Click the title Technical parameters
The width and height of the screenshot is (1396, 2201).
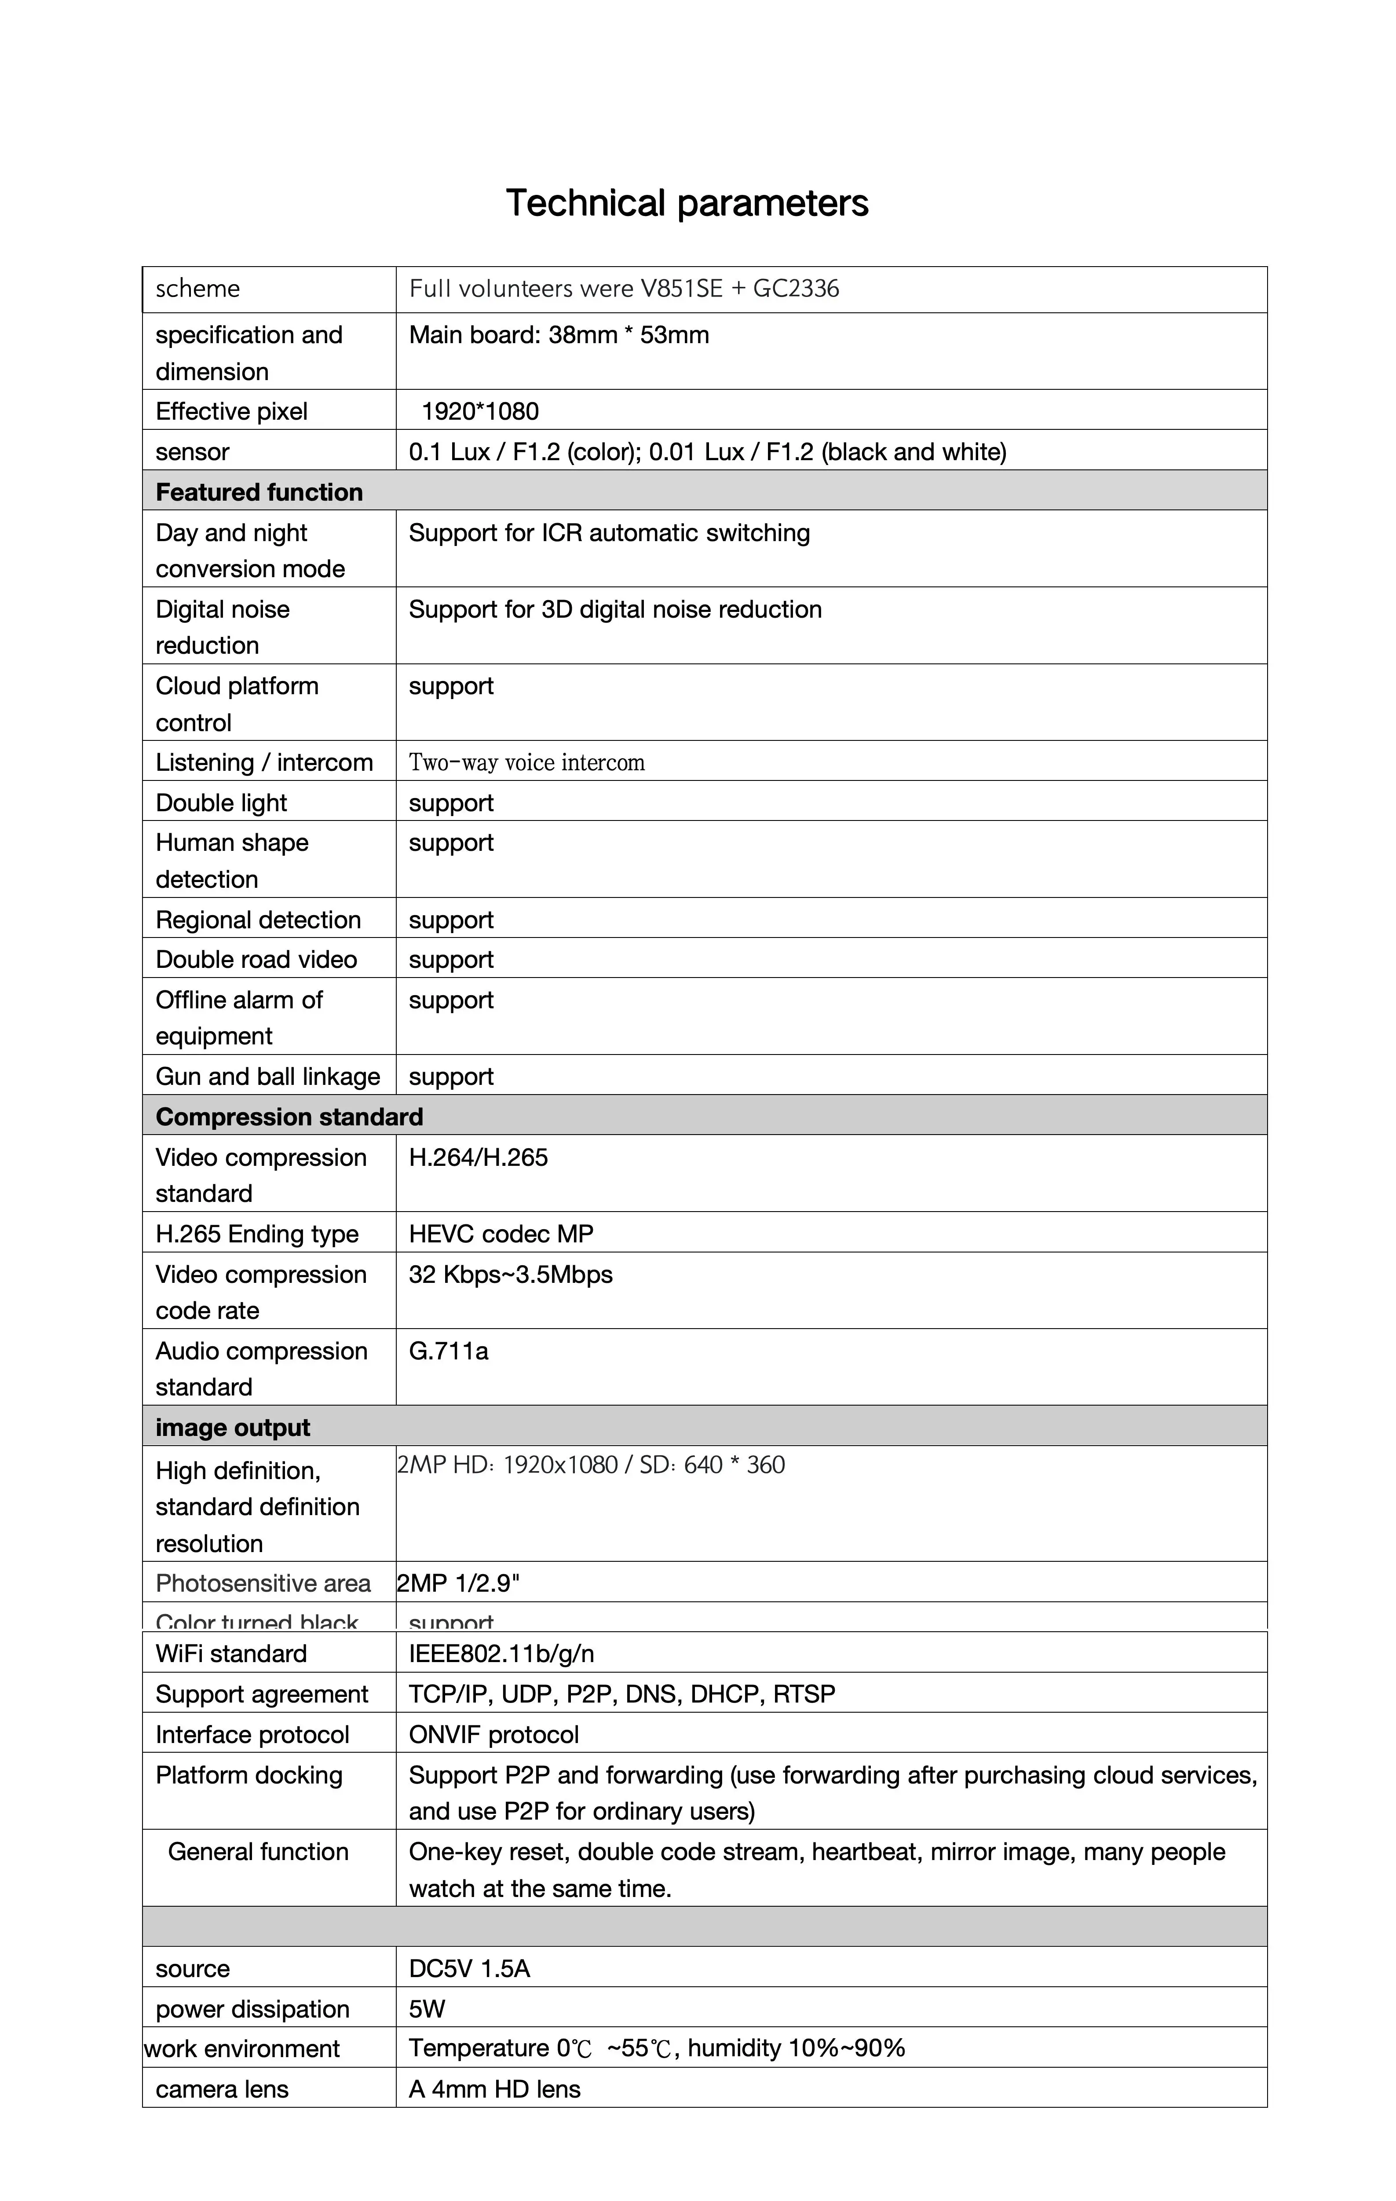(x=687, y=203)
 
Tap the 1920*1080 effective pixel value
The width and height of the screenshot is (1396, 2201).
(x=480, y=411)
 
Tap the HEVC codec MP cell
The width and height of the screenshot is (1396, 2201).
(x=501, y=1234)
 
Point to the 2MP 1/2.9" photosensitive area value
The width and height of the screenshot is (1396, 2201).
(x=458, y=1584)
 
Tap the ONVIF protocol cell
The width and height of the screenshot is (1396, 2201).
(x=493, y=1735)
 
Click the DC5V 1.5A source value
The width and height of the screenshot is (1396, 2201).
(x=469, y=1969)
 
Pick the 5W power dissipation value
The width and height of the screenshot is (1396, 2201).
(x=427, y=2009)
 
